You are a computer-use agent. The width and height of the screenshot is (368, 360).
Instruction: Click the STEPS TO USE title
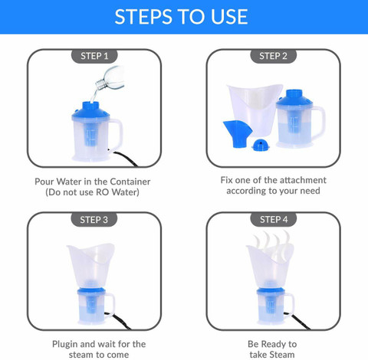point(181,17)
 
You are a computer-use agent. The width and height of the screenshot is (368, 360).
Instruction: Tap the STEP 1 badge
point(94,56)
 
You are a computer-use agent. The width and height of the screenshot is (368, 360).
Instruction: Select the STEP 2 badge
point(273,56)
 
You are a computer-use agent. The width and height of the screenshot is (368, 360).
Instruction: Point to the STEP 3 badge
point(94,220)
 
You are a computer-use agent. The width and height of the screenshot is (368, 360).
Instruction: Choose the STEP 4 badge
point(274,220)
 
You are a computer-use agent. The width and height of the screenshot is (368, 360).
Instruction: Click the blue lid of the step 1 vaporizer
point(91,112)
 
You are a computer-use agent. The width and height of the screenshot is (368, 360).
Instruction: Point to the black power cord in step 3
point(118,321)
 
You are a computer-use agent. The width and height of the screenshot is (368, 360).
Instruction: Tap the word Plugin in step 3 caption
point(65,345)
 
